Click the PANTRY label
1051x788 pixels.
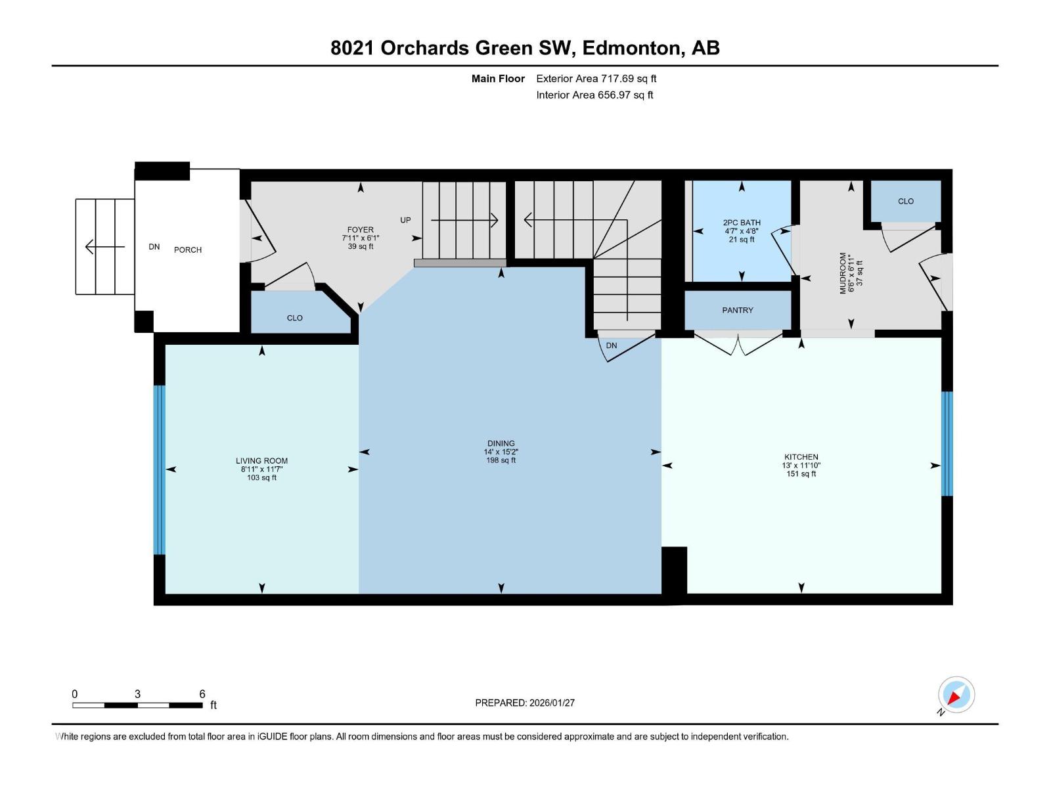pyautogui.click(x=737, y=310)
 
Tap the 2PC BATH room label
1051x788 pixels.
pyautogui.click(x=742, y=223)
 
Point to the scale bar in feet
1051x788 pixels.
pyautogui.click(x=137, y=705)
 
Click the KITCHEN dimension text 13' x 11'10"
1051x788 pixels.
pyautogui.click(x=801, y=466)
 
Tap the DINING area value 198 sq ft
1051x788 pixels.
pyautogui.click(x=501, y=460)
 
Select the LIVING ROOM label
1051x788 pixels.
pyautogui.click(x=261, y=461)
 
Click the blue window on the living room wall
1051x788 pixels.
pyautogui.click(x=159, y=470)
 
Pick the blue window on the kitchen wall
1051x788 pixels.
pyautogui.click(x=947, y=443)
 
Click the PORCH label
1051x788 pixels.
pyautogui.click(x=188, y=250)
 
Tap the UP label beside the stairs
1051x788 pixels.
pyautogui.click(x=405, y=220)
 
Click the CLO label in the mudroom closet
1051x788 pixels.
pyautogui.click(x=905, y=202)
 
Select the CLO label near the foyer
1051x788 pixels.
pyautogui.click(x=294, y=318)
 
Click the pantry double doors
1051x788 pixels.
pyautogui.click(x=738, y=344)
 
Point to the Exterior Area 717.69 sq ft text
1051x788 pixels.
pyautogui.click(x=596, y=79)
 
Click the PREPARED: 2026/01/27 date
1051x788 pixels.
pyautogui.click(x=525, y=703)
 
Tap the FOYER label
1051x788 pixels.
pyautogui.click(x=361, y=230)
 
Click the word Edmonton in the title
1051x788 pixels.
pyautogui.click(x=631, y=48)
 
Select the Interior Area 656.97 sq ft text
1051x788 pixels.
pyautogui.click(x=594, y=95)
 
